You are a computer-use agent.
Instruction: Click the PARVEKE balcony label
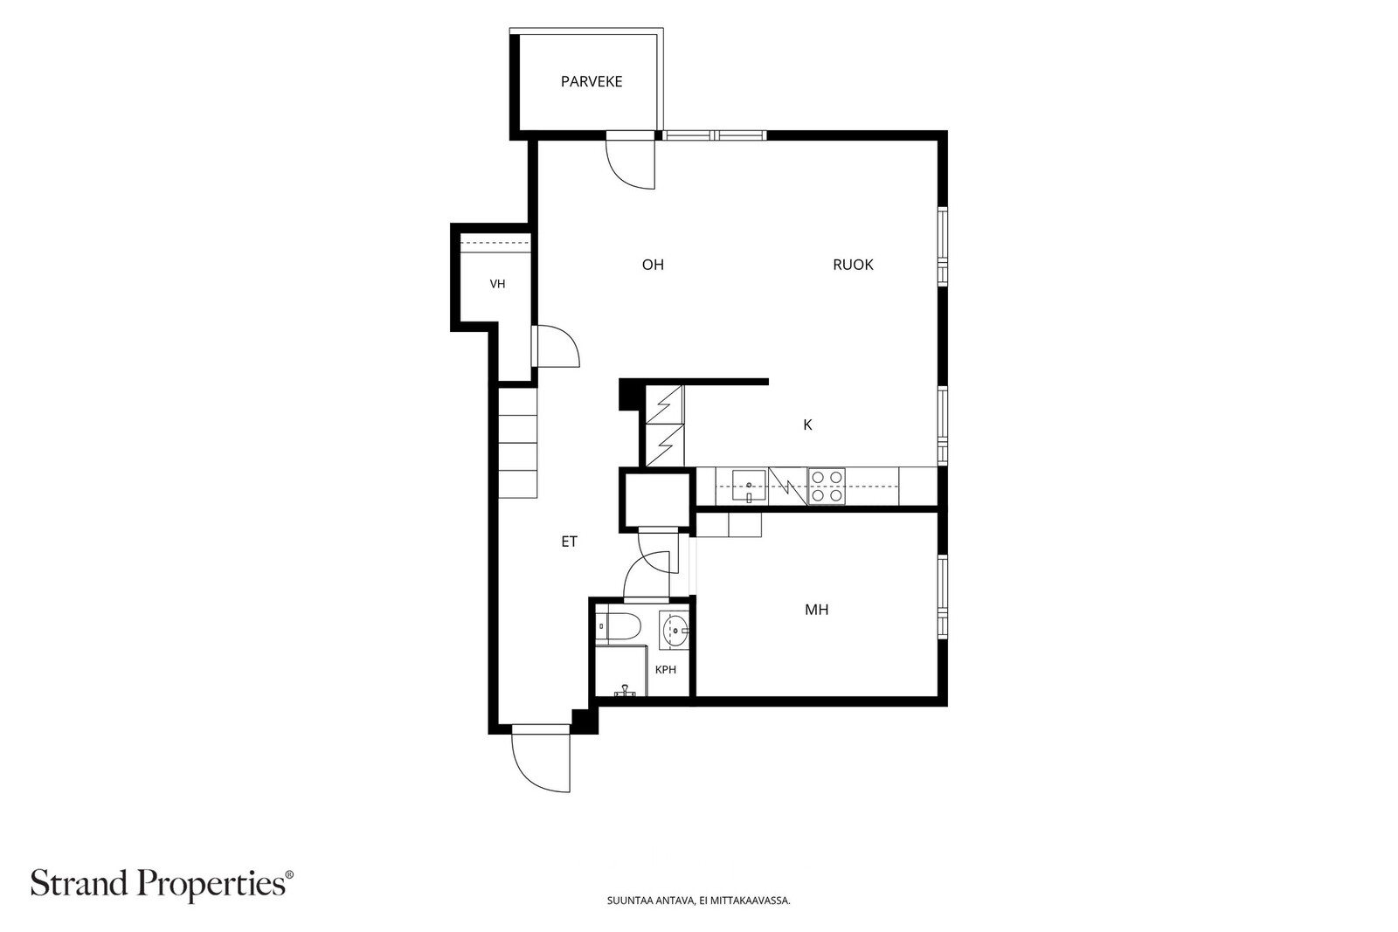point(591,82)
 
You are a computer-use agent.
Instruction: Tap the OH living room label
point(653,265)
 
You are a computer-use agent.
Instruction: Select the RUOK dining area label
point(853,265)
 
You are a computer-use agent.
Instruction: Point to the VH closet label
point(497,284)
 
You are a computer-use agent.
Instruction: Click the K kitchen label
point(807,425)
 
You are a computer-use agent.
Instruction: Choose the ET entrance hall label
point(569,542)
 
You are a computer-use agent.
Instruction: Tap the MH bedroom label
point(816,610)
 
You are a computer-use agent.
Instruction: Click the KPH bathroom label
point(665,670)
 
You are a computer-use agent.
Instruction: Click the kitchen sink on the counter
point(749,486)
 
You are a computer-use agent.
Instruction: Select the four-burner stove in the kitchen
point(827,486)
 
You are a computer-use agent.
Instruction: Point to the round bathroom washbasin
point(675,629)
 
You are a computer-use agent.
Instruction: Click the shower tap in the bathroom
point(624,691)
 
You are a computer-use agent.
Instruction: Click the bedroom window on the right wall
point(943,597)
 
